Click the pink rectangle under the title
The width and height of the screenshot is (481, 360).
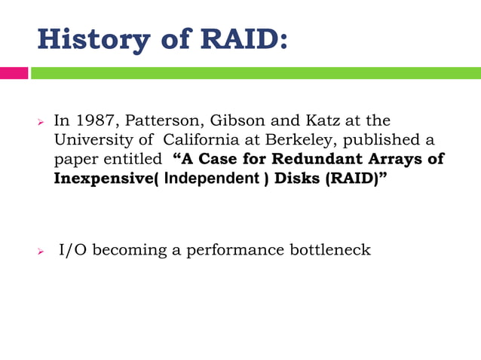[14, 73]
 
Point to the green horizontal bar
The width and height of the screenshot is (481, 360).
[256, 73]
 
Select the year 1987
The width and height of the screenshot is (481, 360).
[90, 121]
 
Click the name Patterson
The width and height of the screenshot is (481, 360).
[148, 121]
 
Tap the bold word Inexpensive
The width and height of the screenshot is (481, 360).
[102, 180]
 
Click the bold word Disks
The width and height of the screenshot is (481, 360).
[288, 180]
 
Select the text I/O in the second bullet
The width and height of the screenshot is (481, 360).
[74, 250]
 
